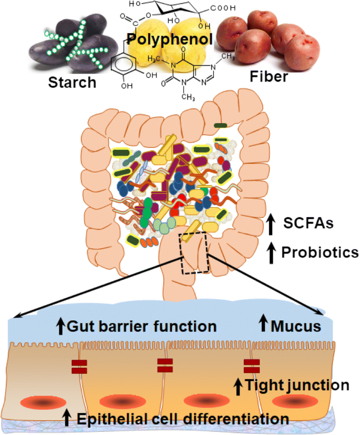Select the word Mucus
[x=296, y=326]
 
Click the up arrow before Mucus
[x=262, y=325]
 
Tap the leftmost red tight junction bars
[x=79, y=367]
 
